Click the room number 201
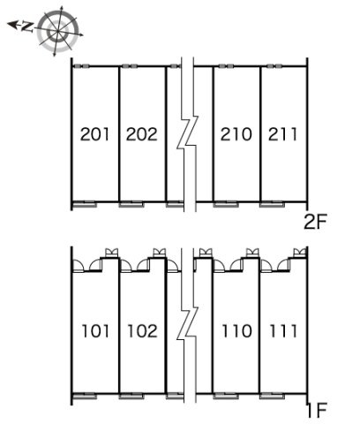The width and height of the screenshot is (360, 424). click(94, 134)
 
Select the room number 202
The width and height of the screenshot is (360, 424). click(142, 134)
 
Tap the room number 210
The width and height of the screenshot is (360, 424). click(236, 134)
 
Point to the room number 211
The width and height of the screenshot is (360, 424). click(282, 134)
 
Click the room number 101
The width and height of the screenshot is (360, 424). click(95, 330)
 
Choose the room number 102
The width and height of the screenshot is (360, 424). click(142, 330)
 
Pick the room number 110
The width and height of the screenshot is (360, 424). click(236, 330)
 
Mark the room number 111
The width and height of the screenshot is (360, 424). click(283, 330)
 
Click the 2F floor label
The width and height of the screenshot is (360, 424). click(315, 222)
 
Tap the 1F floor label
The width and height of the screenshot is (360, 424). click(317, 410)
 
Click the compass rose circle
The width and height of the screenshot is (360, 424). click(58, 31)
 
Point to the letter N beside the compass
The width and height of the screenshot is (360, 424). click(27, 27)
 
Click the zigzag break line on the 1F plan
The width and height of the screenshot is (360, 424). click(187, 325)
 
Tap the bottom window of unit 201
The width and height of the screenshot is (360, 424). click(85, 204)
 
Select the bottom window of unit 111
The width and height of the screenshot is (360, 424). click(272, 396)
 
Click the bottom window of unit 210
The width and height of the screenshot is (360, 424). click(226, 204)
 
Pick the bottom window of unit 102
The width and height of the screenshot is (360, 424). click(131, 396)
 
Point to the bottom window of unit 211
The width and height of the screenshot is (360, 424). click(272, 204)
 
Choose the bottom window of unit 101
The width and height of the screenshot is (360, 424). click(85, 396)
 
